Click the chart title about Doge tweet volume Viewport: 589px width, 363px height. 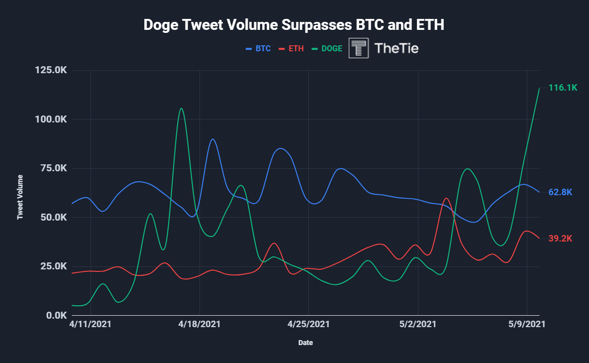(294, 25)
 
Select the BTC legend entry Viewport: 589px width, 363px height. (259, 49)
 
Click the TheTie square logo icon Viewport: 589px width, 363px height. (359, 48)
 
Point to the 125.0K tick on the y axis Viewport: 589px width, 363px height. (51, 70)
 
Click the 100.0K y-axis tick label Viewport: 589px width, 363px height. (51, 120)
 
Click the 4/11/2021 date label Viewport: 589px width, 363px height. (91, 324)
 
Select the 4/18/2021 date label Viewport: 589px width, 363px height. (199, 324)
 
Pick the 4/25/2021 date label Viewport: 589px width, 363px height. (308, 324)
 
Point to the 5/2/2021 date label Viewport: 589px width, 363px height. (418, 324)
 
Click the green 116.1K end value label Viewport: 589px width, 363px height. (563, 88)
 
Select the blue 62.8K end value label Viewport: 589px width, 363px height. (561, 192)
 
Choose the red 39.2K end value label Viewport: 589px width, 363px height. (561, 239)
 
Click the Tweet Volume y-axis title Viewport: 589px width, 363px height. (20, 197)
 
